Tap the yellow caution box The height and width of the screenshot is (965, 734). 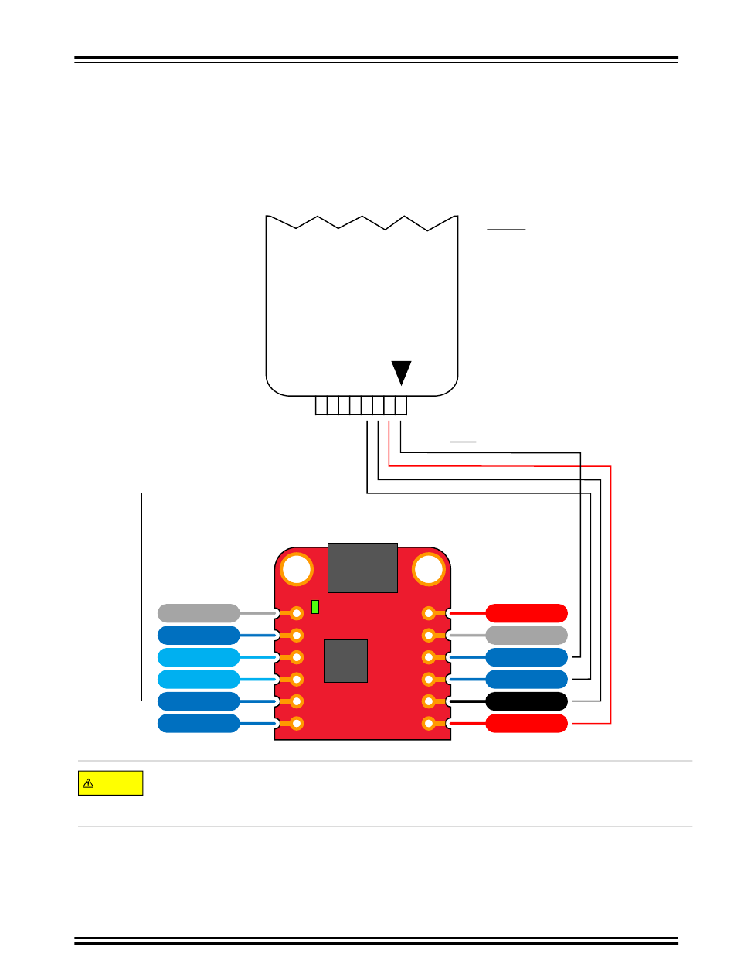110,783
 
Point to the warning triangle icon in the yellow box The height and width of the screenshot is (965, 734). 88,783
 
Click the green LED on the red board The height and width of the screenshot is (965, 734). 315,607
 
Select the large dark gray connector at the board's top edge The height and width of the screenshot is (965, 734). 362,568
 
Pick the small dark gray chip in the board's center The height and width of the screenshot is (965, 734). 345,660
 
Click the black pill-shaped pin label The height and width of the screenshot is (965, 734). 527,701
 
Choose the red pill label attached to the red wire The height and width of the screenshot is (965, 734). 527,724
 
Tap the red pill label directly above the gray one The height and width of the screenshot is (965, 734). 527,613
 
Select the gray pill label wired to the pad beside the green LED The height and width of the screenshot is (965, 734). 198,613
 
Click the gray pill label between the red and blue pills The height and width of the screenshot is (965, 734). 527,636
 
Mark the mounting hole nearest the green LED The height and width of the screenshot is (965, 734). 296,570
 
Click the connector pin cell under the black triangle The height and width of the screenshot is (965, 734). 400,405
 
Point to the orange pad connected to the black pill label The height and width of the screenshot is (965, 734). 430,701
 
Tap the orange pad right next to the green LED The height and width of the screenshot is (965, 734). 296,613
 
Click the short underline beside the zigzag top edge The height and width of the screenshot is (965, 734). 506,230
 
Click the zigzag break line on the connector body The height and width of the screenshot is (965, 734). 362,222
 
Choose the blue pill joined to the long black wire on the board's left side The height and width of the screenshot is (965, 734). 198,701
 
